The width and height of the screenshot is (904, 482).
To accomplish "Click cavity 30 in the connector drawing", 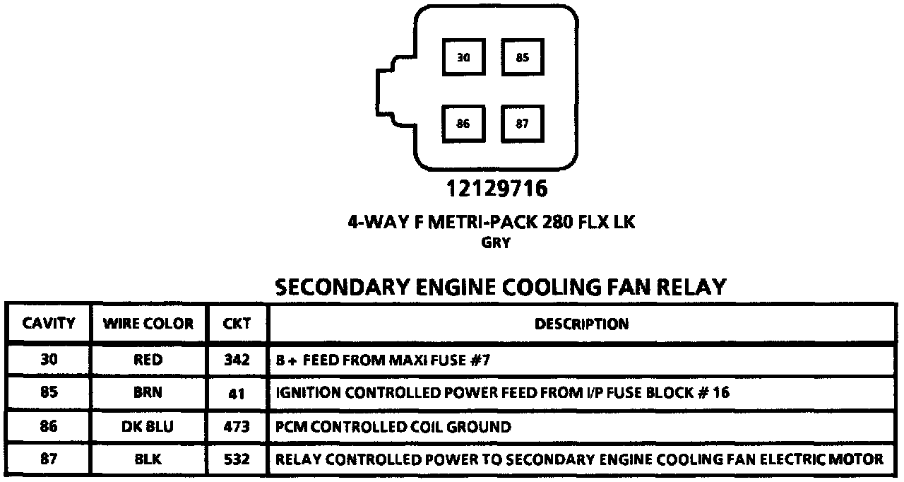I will point(463,57).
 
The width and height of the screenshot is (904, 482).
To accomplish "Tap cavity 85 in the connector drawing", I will point(523,57).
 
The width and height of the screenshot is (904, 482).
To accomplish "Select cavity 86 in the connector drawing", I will point(463,124).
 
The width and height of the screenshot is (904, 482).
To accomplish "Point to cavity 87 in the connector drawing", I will point(523,124).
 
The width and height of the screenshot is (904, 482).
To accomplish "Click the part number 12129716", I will point(496,189).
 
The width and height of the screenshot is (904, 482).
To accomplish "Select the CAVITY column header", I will point(49,324).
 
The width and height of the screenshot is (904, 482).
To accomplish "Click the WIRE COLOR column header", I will point(148,324).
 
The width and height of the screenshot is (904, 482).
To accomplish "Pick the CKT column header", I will point(237,324).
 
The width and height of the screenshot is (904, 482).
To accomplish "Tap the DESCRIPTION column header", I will point(581,324).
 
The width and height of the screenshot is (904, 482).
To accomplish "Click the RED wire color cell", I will point(148,360).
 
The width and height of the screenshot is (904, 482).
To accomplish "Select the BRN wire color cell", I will point(148,394).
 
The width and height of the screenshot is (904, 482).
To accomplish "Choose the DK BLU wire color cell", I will point(148,427).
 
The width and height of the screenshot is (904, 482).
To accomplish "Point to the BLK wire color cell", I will point(148,459).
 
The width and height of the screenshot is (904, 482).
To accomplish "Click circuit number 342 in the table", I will point(237,360).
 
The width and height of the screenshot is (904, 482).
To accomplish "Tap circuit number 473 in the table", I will point(237,427).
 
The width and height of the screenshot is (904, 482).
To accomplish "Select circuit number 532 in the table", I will point(237,459).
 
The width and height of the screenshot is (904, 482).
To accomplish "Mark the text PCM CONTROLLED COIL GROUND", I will point(393,427).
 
